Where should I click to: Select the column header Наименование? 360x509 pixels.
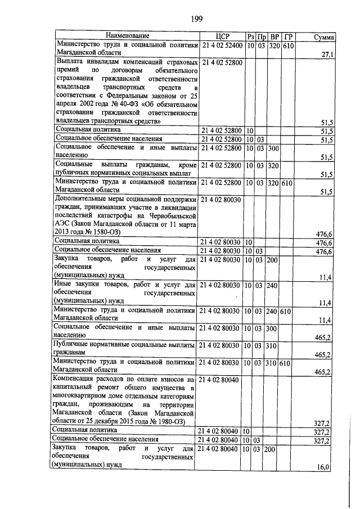tap(127, 37)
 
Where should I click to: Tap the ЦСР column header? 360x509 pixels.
tap(223, 37)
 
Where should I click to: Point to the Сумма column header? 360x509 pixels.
tap(324, 37)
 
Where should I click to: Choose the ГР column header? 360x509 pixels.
tap(288, 37)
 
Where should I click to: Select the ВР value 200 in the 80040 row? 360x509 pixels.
tap(274, 448)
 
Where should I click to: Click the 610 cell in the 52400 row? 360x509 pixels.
tap(288, 45)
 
